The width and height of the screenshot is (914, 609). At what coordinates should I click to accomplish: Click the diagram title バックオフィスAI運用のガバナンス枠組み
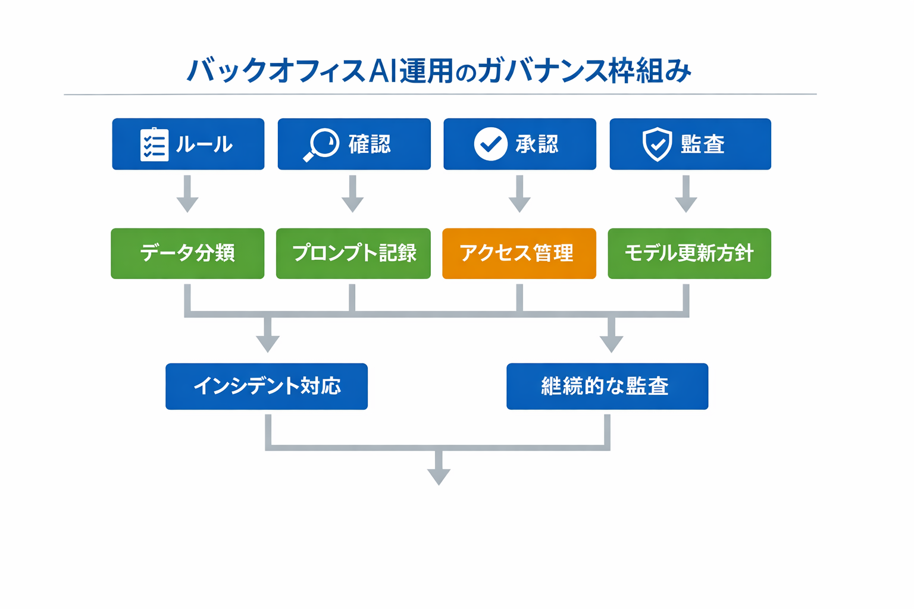click(x=439, y=71)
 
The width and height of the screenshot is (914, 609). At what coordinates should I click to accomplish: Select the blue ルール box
click(x=188, y=144)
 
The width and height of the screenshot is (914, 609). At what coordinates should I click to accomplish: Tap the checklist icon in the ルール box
click(x=154, y=145)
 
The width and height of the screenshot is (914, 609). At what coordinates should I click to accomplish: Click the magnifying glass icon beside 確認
click(x=321, y=145)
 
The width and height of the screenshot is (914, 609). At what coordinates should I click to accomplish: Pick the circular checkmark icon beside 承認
click(x=490, y=144)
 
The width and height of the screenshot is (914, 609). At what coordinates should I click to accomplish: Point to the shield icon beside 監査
click(x=657, y=145)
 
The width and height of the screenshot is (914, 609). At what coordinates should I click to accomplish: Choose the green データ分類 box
click(x=187, y=253)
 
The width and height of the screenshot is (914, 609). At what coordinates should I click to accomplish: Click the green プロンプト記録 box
click(x=353, y=253)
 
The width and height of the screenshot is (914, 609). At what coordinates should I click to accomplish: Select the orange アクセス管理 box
click(x=519, y=253)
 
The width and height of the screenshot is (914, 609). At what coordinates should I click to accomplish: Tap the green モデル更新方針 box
click(x=689, y=253)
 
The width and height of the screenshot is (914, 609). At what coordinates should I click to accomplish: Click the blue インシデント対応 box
click(x=267, y=387)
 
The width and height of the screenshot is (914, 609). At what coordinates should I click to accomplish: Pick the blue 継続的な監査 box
click(x=607, y=387)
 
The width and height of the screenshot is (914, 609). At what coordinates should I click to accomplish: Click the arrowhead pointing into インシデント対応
click(x=268, y=343)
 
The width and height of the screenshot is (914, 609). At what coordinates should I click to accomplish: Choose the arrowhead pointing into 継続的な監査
click(x=611, y=343)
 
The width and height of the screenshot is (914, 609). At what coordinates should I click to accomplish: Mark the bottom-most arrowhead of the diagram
click(x=439, y=476)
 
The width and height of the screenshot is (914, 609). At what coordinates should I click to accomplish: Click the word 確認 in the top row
click(x=370, y=145)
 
